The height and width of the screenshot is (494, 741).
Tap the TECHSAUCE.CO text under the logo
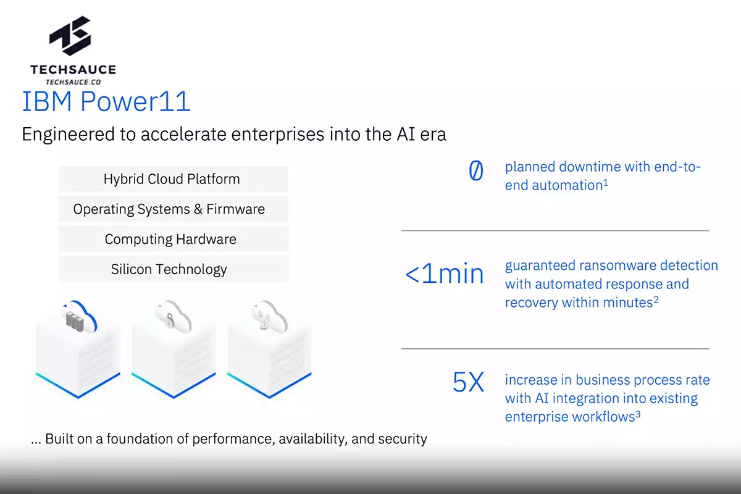click(73, 81)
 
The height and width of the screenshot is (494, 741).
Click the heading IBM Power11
click(106, 102)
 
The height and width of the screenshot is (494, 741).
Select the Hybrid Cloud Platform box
click(172, 179)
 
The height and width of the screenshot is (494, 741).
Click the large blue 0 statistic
click(475, 171)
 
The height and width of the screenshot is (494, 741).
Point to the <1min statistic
click(444, 273)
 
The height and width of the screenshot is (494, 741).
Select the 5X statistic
click(468, 383)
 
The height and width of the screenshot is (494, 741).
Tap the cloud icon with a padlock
click(170, 317)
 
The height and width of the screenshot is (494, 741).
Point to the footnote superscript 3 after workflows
click(637, 414)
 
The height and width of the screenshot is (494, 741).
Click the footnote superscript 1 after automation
click(606, 182)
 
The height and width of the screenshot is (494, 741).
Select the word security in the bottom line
click(401, 439)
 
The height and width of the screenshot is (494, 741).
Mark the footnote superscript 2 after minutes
click(656, 299)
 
